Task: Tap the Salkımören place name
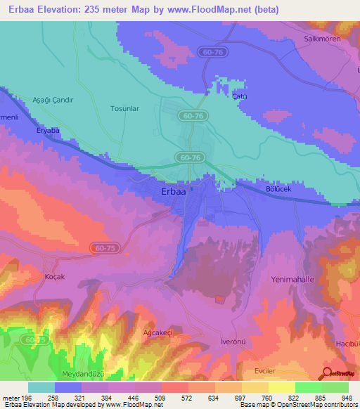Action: point(321,39)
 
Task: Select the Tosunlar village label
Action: point(127,108)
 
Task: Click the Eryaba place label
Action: point(50,131)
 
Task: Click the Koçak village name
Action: point(54,276)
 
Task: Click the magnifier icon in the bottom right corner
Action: point(326,374)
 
